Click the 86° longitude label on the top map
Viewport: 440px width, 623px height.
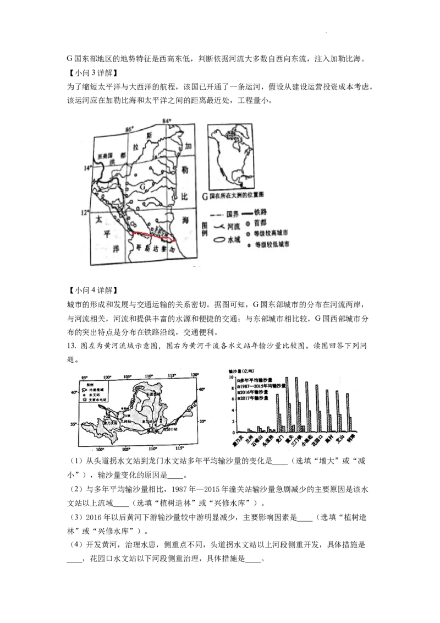point(130,129)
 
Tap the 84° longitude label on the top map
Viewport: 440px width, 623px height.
point(167,121)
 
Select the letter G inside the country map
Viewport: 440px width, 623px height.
point(144,188)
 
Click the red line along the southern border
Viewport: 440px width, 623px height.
point(154,237)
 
